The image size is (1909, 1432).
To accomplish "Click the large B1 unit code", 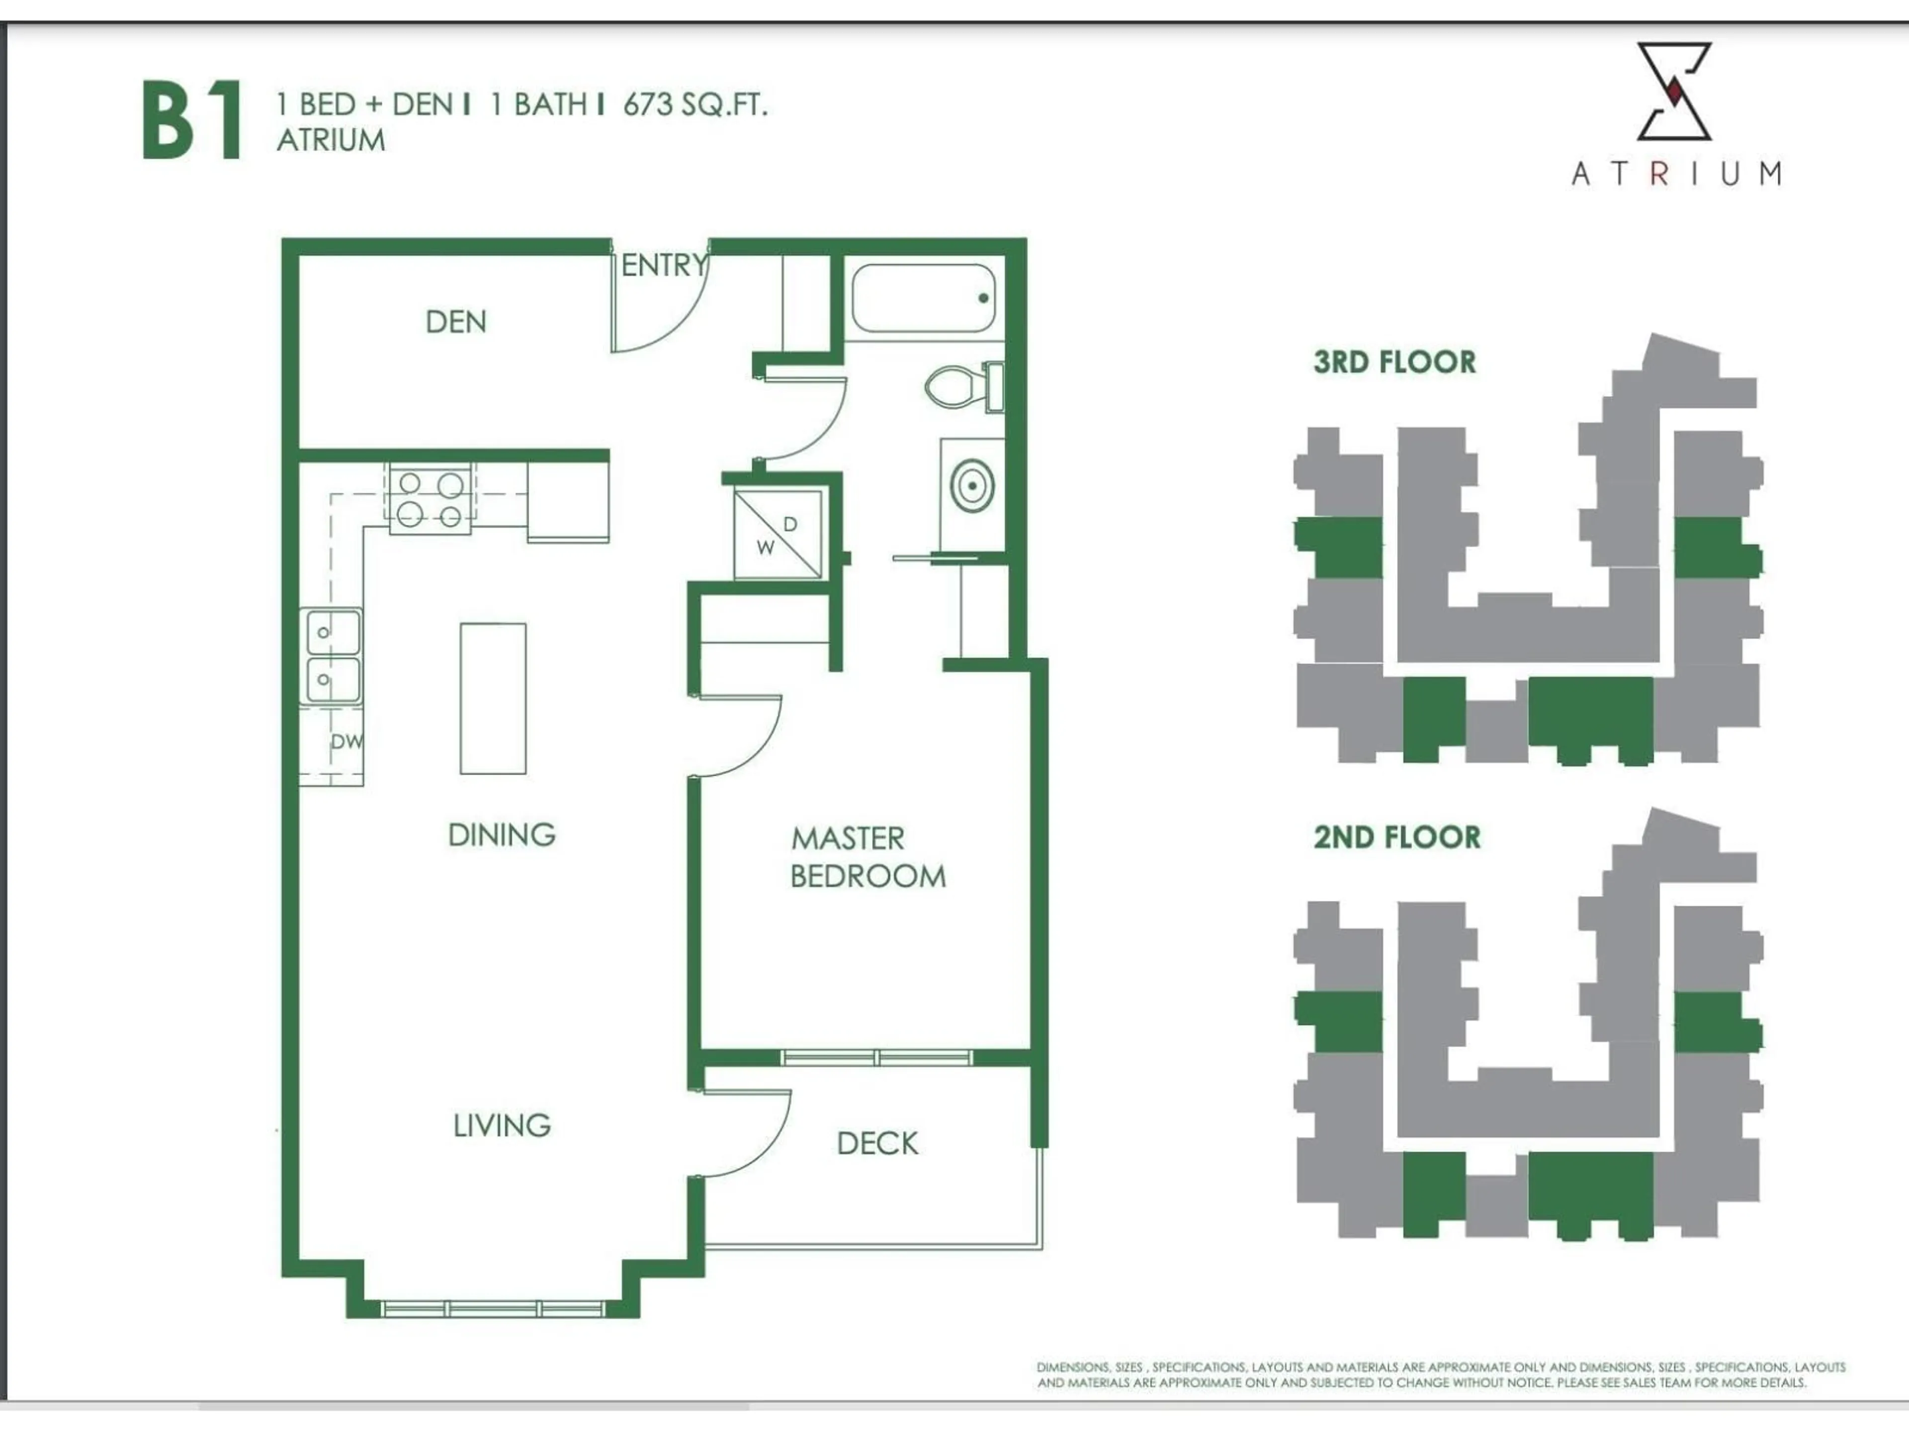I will [x=191, y=121].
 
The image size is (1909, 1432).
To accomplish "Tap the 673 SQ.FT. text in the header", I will [x=694, y=104].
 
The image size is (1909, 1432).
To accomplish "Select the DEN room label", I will [x=456, y=322].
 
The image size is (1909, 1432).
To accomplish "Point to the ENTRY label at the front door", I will [x=663, y=265].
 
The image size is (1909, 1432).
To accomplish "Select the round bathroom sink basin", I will [x=972, y=485].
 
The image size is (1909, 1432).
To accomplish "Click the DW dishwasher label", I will [x=346, y=740].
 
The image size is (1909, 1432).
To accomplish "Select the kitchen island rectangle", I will [x=493, y=698].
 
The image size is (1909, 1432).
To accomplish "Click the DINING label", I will [x=502, y=835].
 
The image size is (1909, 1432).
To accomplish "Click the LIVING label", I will [x=502, y=1125].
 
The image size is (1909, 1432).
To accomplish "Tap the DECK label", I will [x=877, y=1144].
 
